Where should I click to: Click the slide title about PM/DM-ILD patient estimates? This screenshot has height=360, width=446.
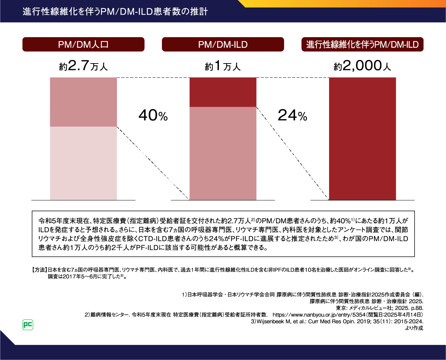[115, 11]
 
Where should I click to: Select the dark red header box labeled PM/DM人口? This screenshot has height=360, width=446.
[83, 45]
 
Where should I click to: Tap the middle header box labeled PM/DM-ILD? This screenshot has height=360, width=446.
[223, 45]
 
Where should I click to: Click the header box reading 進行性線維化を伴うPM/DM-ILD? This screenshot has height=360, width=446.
[362, 45]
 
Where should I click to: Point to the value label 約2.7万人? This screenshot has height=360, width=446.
[83, 66]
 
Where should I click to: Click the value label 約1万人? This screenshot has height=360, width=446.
[223, 66]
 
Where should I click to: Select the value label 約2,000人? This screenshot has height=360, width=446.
[362, 66]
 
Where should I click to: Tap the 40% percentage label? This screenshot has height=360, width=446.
[153, 116]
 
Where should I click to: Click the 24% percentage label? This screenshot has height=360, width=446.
[292, 116]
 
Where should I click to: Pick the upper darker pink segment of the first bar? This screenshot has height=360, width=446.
[83, 102]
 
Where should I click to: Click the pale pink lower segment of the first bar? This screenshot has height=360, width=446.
[83, 163]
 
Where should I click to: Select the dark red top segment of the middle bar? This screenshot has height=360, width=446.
[223, 92]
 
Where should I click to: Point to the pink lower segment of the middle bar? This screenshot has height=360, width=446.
[223, 153]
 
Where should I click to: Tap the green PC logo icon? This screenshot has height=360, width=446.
[28, 325]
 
